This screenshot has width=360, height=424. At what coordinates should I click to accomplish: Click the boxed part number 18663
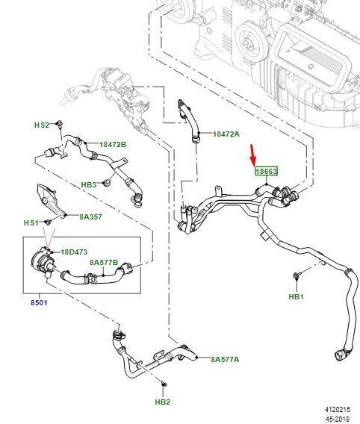coord(267,171)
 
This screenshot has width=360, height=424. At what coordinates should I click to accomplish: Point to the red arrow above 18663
coord(253,155)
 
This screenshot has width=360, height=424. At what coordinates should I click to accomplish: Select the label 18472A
coord(226,134)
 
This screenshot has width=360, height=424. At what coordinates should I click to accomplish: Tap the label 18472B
coord(113,144)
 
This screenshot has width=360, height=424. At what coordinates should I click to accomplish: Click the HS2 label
coord(42,125)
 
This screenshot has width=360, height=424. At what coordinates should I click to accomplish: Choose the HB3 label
coord(89,184)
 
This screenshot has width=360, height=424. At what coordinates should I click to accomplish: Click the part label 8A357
coord(90,216)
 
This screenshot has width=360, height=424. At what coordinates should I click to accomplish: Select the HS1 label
coord(31,222)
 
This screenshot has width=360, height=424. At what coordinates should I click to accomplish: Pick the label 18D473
coord(74,252)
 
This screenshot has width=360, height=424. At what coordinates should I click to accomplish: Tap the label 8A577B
coord(104,262)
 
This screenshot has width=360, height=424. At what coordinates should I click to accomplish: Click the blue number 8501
coord(39,302)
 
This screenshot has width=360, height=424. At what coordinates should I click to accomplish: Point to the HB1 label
coord(297,296)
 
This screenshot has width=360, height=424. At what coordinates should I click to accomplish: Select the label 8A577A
coord(225,359)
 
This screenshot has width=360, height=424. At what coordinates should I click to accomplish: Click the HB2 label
coord(163,402)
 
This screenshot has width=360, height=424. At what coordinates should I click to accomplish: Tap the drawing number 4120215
coord(338,410)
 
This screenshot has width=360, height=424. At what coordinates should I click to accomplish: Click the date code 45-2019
coord(338,419)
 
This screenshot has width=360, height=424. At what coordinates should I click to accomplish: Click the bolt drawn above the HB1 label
coord(296,276)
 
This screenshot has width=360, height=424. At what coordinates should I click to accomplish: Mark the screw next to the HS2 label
coord(59,124)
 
